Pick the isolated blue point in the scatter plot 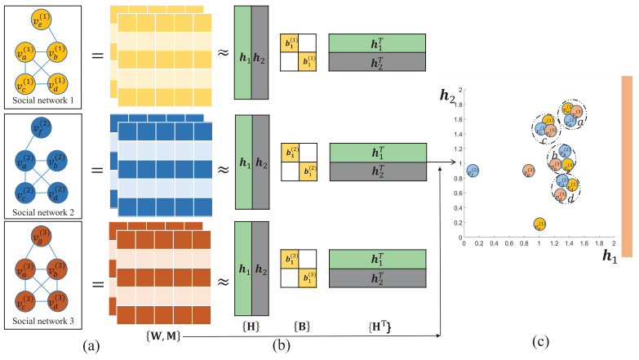click(472, 171)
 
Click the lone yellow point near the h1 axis click(539, 224)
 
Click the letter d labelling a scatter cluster click(571, 198)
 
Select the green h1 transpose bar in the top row click(377, 43)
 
